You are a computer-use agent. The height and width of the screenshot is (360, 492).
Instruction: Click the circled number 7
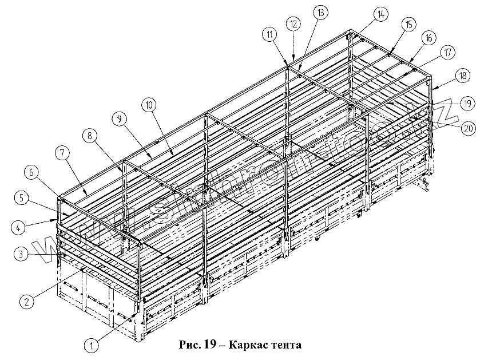pyautogui.click(x=62, y=153)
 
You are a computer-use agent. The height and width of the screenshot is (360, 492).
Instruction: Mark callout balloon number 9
pyautogui.click(x=118, y=119)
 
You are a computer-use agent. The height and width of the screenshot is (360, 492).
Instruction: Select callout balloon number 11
pyautogui.click(x=269, y=34)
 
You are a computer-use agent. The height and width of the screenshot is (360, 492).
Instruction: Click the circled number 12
pyautogui.click(x=293, y=24)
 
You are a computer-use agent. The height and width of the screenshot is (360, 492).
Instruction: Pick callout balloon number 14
pyautogui.click(x=380, y=14)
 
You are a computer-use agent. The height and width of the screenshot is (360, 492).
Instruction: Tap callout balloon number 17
pyautogui.click(x=448, y=53)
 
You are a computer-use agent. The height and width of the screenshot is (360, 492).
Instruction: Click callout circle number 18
pyautogui.click(x=463, y=75)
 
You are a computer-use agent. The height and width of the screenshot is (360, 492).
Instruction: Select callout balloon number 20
pyautogui.click(x=469, y=129)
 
